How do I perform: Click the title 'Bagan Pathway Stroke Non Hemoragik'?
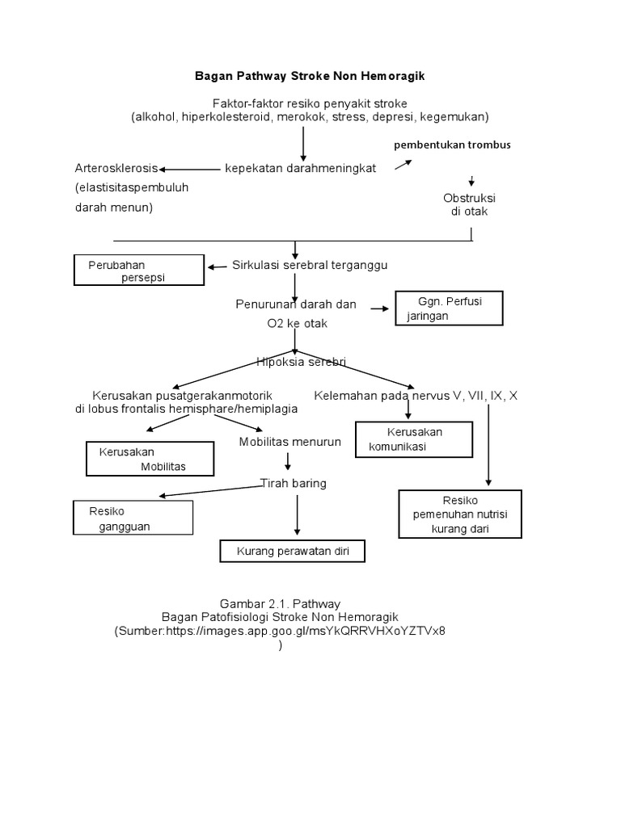(x=310, y=76)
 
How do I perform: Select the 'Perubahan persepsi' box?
(x=138, y=271)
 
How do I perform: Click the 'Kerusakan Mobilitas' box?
(x=150, y=459)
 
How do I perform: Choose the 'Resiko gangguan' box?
(x=133, y=518)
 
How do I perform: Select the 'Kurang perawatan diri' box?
(x=293, y=552)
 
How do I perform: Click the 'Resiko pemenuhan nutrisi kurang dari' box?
(x=460, y=514)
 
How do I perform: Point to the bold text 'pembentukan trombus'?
(x=452, y=145)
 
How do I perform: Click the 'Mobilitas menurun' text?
(x=290, y=442)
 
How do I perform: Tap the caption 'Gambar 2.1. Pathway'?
(x=280, y=603)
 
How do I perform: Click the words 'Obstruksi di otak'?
(x=469, y=205)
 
